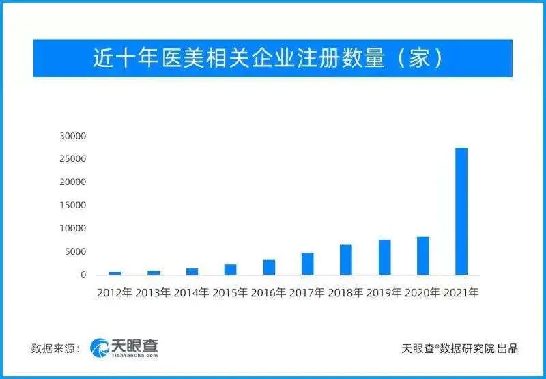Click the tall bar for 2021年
(461, 211)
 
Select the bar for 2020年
(423, 256)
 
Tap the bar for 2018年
(346, 260)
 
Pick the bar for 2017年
(308, 264)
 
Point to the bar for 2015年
(230, 270)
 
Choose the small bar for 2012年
(115, 273)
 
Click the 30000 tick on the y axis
(72, 136)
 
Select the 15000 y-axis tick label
(72, 206)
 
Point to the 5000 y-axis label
(75, 252)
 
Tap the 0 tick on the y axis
(83, 275)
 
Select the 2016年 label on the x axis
(269, 293)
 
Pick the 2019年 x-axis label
(384, 293)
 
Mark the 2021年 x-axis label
(461, 293)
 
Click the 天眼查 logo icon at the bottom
(100, 348)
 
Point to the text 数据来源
(53, 348)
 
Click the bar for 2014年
(192, 272)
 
